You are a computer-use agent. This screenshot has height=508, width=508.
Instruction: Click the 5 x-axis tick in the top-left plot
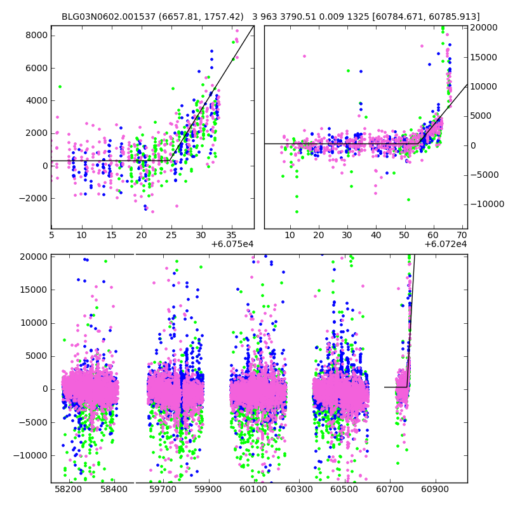(51, 235)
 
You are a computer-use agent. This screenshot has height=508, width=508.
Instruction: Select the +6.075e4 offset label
(232, 244)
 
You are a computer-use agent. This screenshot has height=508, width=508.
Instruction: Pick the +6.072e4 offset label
(445, 244)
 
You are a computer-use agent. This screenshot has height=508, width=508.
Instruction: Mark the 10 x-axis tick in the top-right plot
(290, 235)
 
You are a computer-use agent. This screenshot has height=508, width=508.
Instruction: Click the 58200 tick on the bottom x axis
(68, 490)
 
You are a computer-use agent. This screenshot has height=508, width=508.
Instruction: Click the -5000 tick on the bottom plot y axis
(35, 422)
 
